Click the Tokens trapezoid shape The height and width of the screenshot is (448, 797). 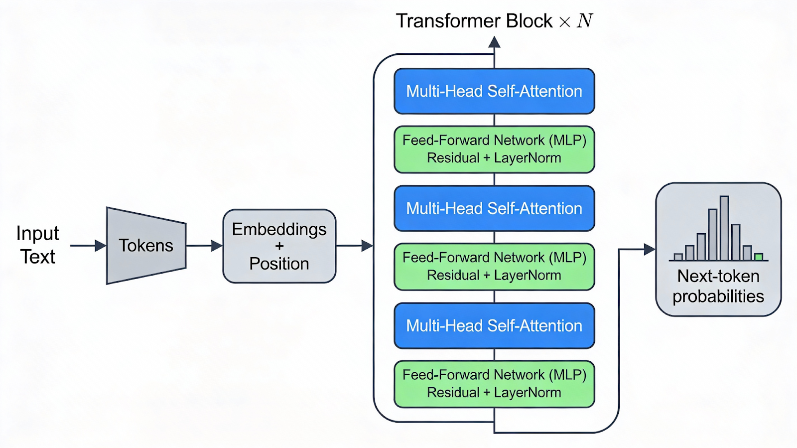click(146, 246)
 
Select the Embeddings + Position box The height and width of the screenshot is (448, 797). click(279, 246)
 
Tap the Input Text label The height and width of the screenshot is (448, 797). click(37, 245)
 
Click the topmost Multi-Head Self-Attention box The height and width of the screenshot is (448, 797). click(494, 91)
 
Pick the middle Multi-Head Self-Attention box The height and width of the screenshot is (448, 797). click(494, 208)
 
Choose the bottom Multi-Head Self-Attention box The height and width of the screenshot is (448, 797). click(494, 325)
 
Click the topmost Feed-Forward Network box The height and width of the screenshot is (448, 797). click(494, 149)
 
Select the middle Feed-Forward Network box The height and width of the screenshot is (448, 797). click(494, 267)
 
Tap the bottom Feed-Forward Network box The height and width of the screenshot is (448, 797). click(494, 384)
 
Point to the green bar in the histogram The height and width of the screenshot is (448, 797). click(759, 257)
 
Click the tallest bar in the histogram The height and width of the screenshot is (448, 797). click(724, 228)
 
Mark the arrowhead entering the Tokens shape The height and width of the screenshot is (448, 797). click(101, 246)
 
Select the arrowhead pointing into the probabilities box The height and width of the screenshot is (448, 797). click(650, 249)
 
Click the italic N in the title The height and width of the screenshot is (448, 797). click(585, 21)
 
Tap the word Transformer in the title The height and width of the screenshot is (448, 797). click(448, 21)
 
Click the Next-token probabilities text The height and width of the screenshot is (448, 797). click(718, 286)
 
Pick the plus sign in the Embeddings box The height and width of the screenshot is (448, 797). click(279, 246)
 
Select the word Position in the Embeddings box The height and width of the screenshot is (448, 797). click(279, 264)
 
